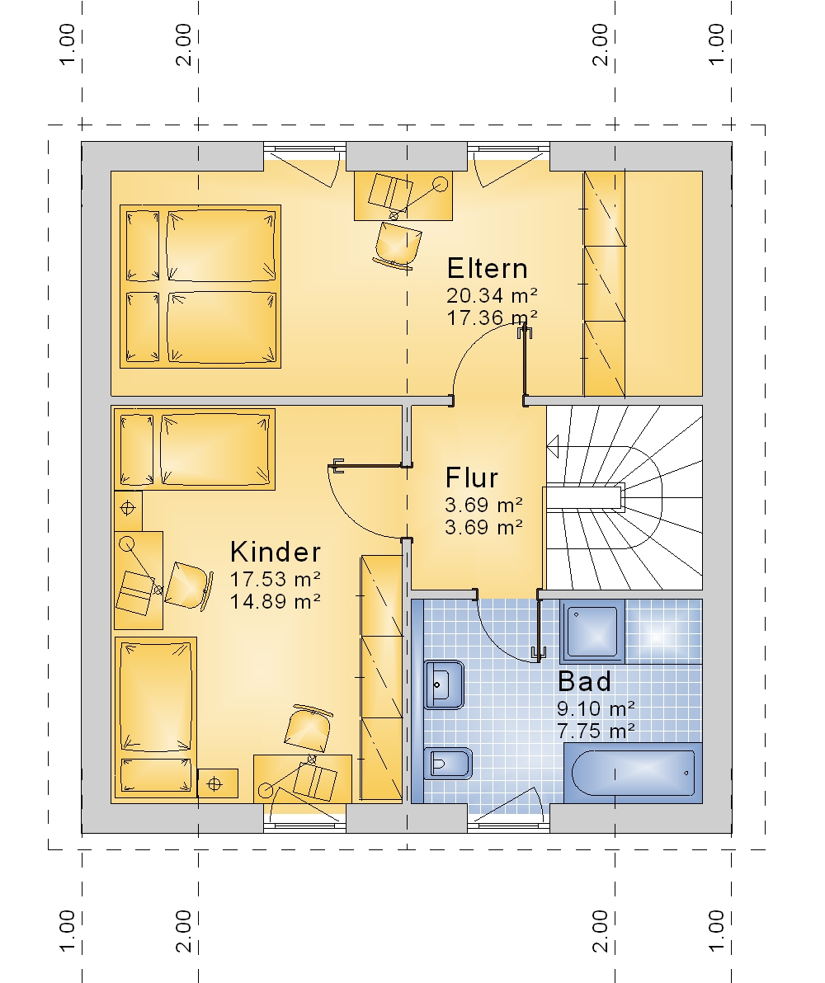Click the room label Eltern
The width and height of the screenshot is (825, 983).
point(488,268)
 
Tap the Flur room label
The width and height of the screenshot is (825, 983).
point(471,477)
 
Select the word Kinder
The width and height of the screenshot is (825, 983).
point(276,552)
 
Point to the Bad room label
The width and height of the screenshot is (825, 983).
point(584,681)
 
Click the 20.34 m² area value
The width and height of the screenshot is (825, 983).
point(492,294)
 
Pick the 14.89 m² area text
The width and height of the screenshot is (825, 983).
point(276,601)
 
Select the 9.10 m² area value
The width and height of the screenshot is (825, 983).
point(596,708)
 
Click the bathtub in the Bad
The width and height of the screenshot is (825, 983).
point(633,773)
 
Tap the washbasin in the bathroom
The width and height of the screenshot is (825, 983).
point(444,684)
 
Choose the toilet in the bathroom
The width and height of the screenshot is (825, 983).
point(446,764)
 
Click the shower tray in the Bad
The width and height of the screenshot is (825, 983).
point(592,632)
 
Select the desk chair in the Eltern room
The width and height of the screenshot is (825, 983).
point(398,246)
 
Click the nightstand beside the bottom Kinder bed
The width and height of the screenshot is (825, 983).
point(218,783)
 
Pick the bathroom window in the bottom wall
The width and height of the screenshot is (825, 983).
point(508,826)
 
